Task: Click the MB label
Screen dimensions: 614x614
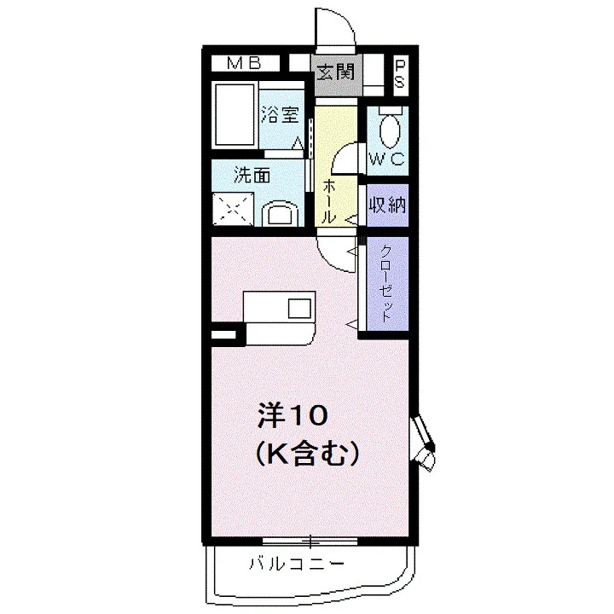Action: click(244, 63)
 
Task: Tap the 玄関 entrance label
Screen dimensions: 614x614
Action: click(336, 72)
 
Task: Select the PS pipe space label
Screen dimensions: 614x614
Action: click(399, 74)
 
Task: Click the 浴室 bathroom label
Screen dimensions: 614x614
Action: click(281, 115)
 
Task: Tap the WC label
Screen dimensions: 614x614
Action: click(387, 159)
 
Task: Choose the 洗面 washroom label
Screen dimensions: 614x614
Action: click(252, 175)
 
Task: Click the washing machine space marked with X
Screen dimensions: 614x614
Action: click(233, 209)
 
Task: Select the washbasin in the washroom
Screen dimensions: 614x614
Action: click(280, 214)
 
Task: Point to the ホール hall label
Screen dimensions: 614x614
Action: click(328, 201)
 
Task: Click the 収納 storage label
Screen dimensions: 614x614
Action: click(388, 205)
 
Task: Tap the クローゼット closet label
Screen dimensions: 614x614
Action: click(386, 283)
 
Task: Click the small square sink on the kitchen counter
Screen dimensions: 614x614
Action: click(300, 308)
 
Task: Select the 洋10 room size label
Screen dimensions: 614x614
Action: click(292, 416)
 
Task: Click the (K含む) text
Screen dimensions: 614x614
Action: click(307, 454)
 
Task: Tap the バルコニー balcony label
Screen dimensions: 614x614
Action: click(297, 565)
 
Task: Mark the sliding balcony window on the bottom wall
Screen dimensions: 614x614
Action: click(310, 542)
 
